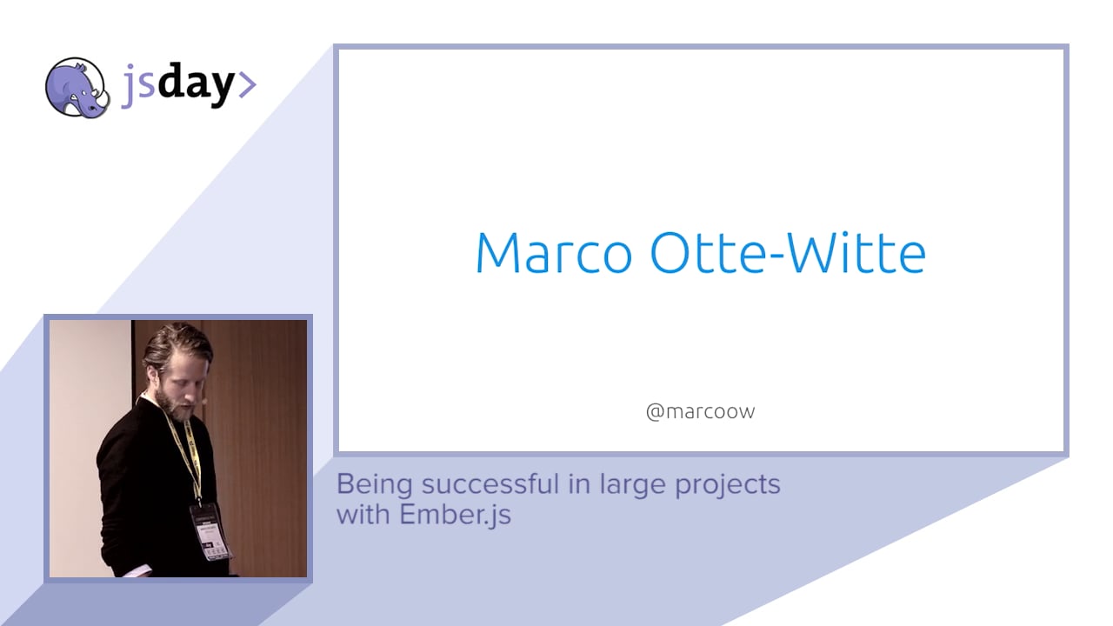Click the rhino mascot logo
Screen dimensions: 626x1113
pos(77,87)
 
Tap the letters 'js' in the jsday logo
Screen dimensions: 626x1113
pos(137,87)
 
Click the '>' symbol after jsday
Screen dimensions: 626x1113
pos(247,84)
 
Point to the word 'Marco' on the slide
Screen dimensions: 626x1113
pos(554,253)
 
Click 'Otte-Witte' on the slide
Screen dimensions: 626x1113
pos(788,253)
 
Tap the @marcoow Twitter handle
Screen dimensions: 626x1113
pos(700,411)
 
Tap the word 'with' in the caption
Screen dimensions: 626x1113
pos(364,514)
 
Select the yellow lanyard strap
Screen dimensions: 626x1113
pos(190,452)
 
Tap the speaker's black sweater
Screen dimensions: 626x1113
pos(139,487)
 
